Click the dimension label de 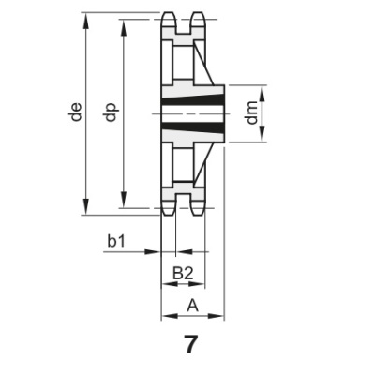tap(74, 114)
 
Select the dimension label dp tap(111, 114)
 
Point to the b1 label tap(116, 241)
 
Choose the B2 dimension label tap(185, 273)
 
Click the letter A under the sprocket tap(193, 305)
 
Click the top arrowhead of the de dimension tap(87, 18)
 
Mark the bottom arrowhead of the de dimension tap(87, 210)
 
